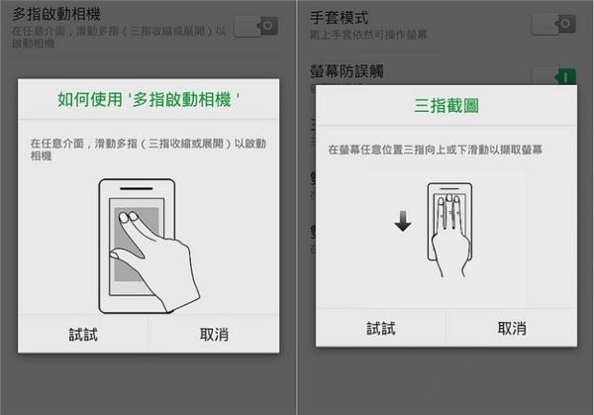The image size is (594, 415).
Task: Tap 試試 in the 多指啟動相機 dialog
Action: coord(82,335)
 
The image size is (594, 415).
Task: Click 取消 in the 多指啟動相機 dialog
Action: coord(215,335)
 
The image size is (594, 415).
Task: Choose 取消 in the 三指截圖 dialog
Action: coord(511,328)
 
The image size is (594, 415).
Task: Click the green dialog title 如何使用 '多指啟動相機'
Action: coord(149,100)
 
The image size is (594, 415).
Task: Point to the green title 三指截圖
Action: coord(445,105)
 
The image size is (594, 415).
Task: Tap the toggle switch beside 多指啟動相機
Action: coord(256,26)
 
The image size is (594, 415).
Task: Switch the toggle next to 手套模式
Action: coord(552,23)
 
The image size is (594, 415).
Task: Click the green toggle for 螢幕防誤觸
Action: coord(552,75)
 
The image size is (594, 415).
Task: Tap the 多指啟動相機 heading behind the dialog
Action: coord(58,15)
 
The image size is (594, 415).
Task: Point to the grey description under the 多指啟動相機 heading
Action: coord(119,38)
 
